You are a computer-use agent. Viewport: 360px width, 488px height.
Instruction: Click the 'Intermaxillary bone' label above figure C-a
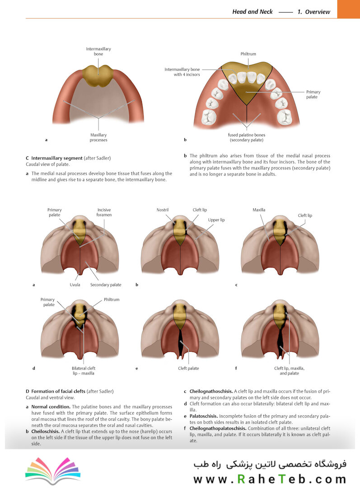98,52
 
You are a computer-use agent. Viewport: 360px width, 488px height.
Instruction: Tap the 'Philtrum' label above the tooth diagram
248,54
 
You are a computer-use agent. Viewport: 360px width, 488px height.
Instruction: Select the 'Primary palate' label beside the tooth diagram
313,94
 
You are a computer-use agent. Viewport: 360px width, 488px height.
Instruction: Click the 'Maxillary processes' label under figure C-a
98,137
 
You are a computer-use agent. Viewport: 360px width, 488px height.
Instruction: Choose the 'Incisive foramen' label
104,212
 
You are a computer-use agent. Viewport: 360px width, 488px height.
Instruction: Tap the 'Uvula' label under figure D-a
75,285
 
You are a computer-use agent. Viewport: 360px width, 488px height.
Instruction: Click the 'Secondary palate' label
106,285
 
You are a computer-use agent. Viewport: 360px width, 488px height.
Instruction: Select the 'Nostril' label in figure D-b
163,210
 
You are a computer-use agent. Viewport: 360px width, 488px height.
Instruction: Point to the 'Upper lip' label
216,220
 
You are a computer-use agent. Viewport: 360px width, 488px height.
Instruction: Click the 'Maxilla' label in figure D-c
259,210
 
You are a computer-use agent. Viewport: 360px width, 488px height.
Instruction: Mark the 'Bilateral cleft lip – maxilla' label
84,371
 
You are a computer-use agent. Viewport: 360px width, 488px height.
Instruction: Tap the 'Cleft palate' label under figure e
188,368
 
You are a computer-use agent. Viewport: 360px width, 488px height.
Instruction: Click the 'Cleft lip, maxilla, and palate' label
289,371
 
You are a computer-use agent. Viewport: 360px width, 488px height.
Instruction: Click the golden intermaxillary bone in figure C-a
98,75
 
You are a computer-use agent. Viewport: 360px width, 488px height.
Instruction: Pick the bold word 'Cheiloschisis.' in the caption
45,432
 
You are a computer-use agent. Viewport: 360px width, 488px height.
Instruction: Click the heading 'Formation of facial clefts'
58,391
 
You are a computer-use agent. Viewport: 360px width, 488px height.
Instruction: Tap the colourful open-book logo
53,471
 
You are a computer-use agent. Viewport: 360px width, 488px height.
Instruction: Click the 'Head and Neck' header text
252,12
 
